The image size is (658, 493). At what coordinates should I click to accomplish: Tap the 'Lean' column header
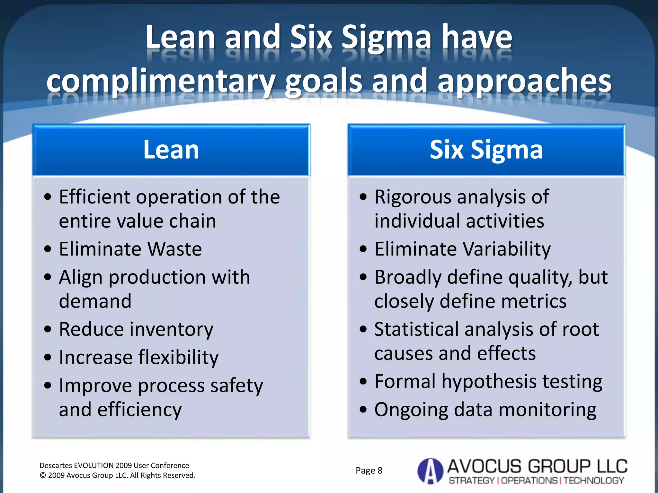pyautogui.click(x=171, y=150)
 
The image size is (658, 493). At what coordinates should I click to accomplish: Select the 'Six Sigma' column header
pyautogui.click(x=486, y=150)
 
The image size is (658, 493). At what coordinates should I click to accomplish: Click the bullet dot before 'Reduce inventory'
pyautogui.click(x=48, y=329)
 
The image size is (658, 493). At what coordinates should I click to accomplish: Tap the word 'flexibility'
pyautogui.click(x=178, y=358)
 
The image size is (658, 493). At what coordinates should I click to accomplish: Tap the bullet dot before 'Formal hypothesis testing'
pyautogui.click(x=363, y=382)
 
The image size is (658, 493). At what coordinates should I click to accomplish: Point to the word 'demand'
pyautogui.click(x=95, y=301)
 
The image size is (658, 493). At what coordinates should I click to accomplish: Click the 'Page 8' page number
pyautogui.click(x=369, y=471)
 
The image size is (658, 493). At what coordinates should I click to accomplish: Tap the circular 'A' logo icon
pyautogui.click(x=430, y=471)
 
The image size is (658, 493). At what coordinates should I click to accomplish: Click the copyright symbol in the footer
pyautogui.click(x=43, y=475)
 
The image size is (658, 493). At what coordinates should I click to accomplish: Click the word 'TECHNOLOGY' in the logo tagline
pyautogui.click(x=594, y=480)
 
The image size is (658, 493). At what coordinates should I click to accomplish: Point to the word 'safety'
pyautogui.click(x=236, y=385)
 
